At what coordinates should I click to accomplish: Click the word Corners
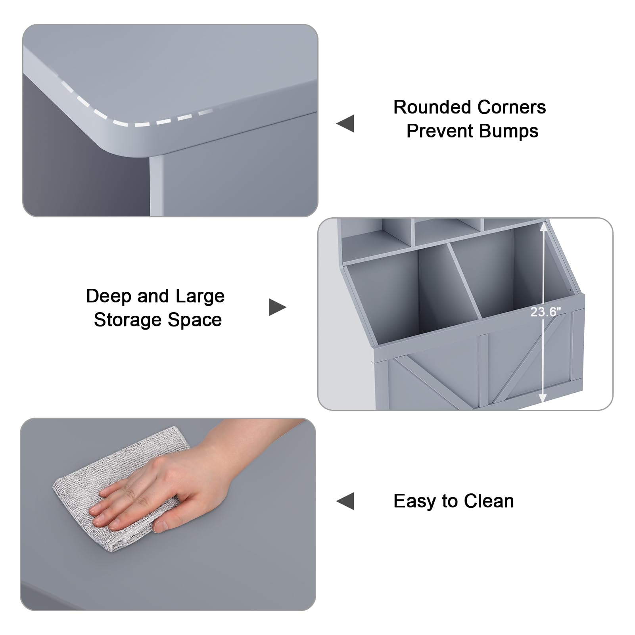click(511, 107)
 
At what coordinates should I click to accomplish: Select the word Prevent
click(440, 131)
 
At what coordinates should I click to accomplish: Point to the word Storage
click(127, 320)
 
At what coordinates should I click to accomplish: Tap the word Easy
click(414, 501)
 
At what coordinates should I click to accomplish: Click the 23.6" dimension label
click(545, 312)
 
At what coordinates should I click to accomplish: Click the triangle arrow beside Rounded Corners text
click(345, 123)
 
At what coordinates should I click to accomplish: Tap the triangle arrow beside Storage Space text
click(277, 307)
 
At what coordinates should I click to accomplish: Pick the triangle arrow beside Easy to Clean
click(345, 501)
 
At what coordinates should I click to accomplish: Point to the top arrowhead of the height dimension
click(543, 227)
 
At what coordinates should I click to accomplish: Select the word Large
click(200, 297)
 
